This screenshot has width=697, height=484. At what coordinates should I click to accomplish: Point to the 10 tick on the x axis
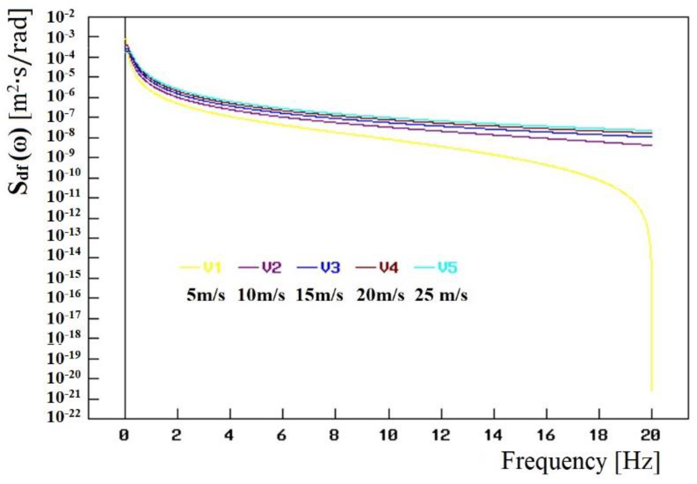(388, 436)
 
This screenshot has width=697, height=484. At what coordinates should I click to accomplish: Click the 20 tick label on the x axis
(652, 436)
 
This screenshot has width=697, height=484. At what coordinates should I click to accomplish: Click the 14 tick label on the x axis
(494, 436)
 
